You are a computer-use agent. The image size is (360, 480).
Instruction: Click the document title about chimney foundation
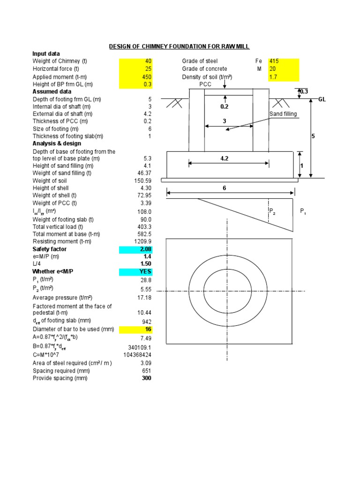click(180, 46)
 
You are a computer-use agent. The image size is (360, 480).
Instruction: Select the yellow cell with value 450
click(136, 77)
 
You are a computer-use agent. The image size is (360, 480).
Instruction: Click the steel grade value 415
click(283, 61)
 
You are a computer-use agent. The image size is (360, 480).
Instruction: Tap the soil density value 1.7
click(283, 77)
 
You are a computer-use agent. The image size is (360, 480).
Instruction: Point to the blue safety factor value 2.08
click(136, 249)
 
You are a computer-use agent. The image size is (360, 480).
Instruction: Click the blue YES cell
click(136, 271)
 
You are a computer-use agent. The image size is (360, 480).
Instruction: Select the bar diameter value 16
click(136, 330)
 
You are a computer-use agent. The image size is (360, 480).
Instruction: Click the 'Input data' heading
click(46, 54)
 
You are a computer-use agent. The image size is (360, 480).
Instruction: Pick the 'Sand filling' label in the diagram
click(283, 114)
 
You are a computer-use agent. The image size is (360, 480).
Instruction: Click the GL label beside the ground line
click(322, 99)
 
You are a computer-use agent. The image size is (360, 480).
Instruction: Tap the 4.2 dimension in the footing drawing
click(224, 159)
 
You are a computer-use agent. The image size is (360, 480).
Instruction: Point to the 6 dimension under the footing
click(224, 187)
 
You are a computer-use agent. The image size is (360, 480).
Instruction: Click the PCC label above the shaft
click(206, 84)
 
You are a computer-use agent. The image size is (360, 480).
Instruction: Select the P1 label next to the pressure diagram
click(303, 211)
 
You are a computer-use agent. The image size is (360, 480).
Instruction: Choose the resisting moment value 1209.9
click(142, 241)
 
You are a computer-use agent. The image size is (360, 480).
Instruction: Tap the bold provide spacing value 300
click(146, 378)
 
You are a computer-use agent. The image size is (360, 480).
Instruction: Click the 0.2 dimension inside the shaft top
click(224, 107)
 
